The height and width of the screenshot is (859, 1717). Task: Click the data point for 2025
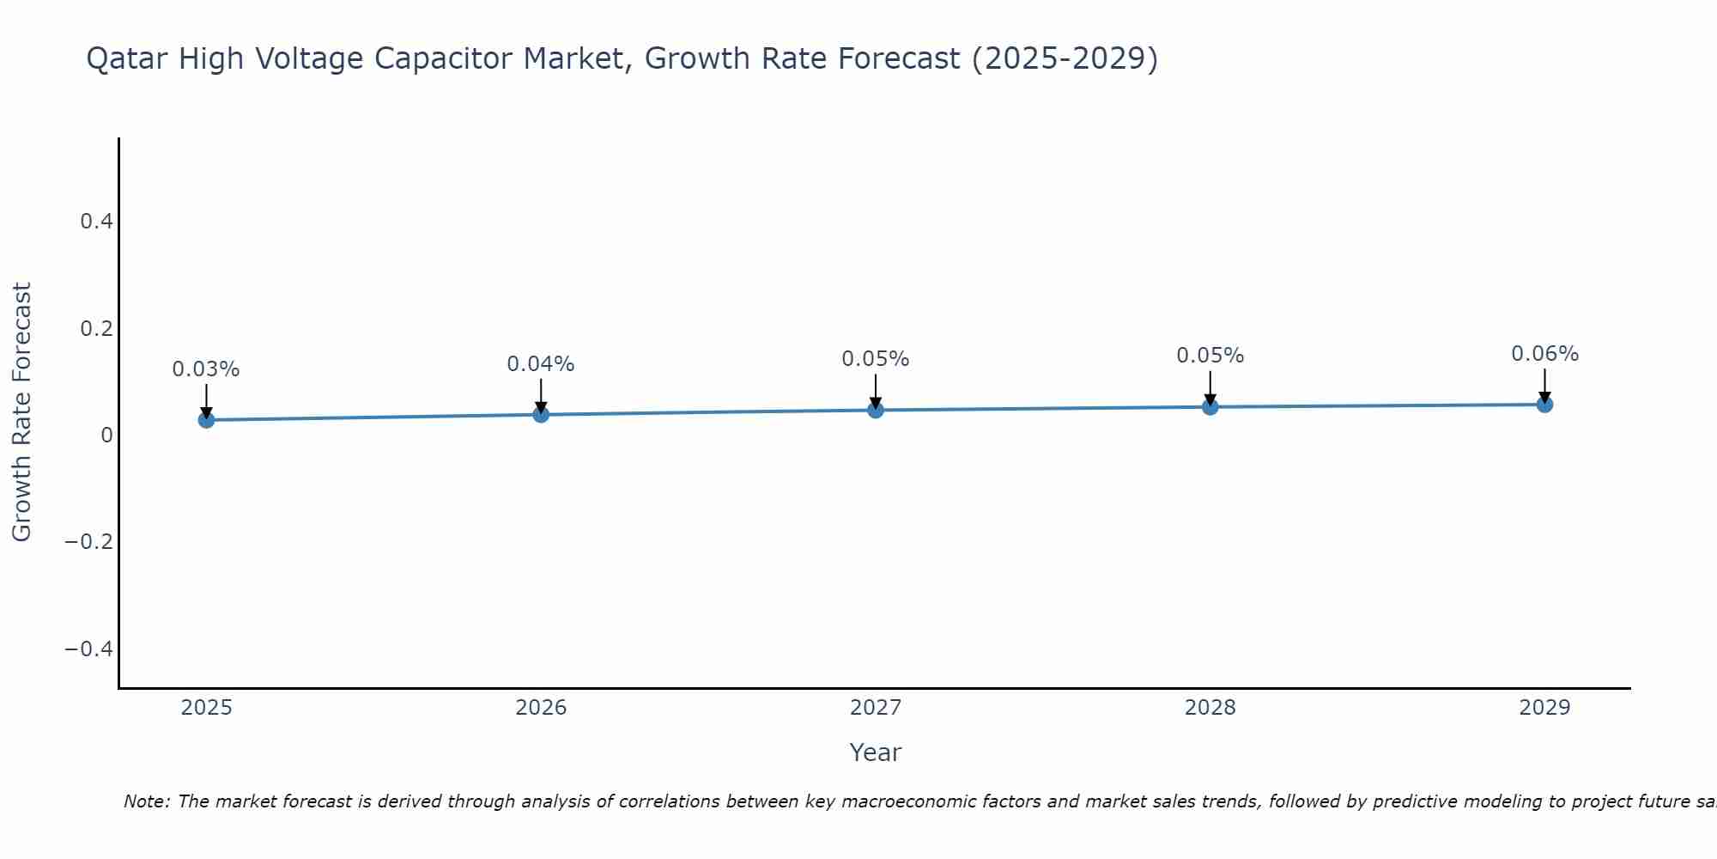point(206,420)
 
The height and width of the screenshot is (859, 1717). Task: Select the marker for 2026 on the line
point(541,415)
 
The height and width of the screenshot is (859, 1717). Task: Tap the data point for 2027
point(876,411)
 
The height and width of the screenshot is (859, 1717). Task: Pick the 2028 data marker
point(1210,407)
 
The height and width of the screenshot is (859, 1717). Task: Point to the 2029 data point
point(1544,405)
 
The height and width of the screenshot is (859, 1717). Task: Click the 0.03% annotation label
point(206,369)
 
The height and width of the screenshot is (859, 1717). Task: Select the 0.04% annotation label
point(541,364)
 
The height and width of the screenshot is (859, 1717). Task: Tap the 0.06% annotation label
point(1544,354)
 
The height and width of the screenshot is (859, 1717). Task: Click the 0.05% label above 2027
point(876,359)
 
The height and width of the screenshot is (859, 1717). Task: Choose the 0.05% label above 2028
point(1210,356)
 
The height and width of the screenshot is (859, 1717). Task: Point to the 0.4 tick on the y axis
point(97,222)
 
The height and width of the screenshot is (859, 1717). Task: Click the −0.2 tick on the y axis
point(89,541)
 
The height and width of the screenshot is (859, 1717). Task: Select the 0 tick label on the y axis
point(106,435)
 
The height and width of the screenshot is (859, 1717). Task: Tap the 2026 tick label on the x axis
point(541,708)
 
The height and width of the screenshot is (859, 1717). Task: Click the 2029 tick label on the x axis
point(1544,708)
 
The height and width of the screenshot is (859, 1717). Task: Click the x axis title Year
point(875,752)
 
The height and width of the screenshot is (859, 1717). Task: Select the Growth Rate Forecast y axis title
point(21,412)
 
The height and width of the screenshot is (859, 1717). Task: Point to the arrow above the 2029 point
point(1544,385)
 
